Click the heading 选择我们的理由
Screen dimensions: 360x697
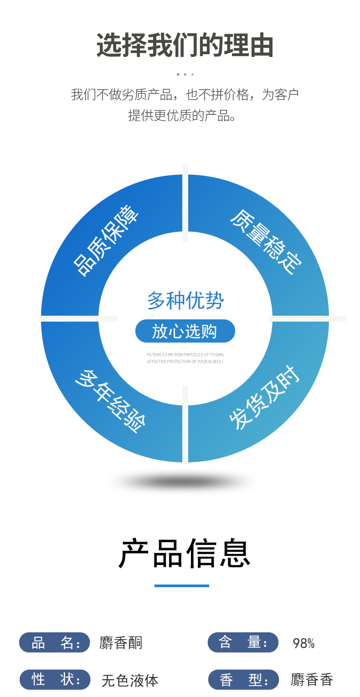point(185,45)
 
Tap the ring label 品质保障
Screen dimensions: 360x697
point(106,241)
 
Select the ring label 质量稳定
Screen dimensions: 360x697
point(266,242)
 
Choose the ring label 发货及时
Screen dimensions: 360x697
point(264,398)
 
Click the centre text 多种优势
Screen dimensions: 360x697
point(185,301)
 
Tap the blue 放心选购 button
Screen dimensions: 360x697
point(185,331)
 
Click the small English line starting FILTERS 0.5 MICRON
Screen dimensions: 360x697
point(185,354)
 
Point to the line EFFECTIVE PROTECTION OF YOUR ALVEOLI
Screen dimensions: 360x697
point(185,362)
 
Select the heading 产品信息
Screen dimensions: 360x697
point(185,553)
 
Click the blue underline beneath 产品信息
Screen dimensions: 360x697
point(181,586)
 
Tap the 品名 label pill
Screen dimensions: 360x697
point(55,642)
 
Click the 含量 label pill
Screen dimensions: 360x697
point(243,642)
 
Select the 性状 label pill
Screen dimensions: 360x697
point(55,680)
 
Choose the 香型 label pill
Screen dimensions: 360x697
point(243,680)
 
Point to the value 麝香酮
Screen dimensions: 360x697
point(121,643)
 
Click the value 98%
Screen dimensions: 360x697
point(303,643)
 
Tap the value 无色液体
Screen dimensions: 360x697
point(130,681)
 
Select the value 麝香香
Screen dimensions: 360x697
point(312,680)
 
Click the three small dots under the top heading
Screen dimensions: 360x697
point(185,74)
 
